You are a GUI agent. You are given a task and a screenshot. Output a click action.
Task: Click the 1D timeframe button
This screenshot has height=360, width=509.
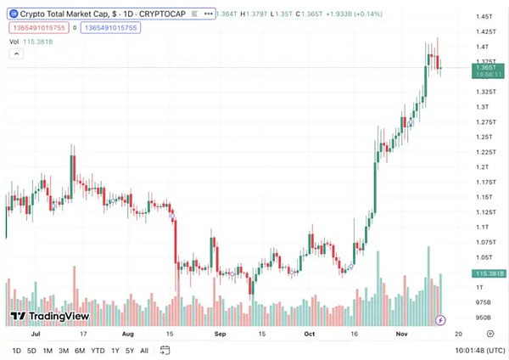coord(17,351)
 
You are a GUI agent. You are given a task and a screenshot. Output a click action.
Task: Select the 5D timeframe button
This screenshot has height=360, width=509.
coord(31,351)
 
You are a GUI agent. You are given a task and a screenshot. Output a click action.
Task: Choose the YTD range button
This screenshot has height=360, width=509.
coord(98,351)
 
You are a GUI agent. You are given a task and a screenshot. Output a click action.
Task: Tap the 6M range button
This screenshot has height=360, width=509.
coord(79,351)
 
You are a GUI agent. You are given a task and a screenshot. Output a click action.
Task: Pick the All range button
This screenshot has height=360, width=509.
coord(143,351)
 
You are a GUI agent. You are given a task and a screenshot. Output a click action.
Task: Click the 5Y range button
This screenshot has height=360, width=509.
coord(129,351)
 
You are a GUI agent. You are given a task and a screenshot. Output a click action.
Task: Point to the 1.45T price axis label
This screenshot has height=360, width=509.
coord(486,17)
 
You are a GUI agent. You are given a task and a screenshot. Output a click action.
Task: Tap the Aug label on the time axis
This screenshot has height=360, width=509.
coord(128,335)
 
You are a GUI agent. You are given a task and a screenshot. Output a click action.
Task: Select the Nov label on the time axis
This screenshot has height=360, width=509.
coord(404,335)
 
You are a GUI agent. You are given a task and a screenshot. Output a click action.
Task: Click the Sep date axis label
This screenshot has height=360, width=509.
coord(220,335)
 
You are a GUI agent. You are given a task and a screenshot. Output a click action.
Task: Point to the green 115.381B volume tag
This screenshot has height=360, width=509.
coord(489,273)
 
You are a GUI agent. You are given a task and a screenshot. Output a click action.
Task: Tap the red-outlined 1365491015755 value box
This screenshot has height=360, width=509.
coord(40,27)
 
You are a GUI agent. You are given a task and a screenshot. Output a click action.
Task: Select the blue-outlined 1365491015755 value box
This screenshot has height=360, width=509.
coord(110,27)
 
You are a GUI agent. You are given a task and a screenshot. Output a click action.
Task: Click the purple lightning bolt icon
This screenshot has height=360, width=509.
coord(440,320)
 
